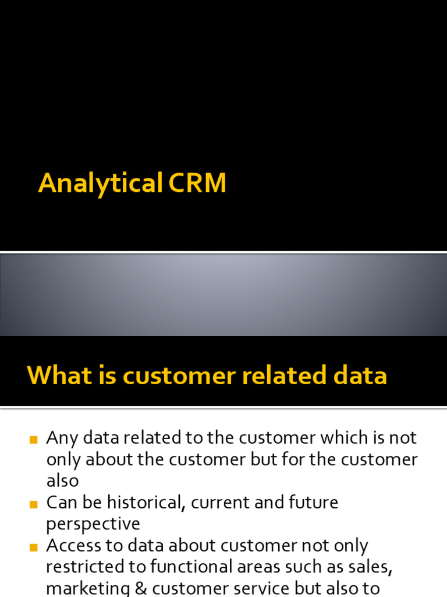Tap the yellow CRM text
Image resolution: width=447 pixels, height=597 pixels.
pos(197,182)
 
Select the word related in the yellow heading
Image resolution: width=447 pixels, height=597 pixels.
pos(285,375)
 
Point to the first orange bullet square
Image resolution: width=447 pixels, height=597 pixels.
pos(33,440)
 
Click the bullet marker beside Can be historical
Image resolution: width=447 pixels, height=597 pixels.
pos(33,505)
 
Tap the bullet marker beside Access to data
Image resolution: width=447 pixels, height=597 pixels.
pos(33,548)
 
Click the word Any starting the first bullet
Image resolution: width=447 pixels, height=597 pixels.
pos(62,438)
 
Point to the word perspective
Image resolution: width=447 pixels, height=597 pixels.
pos(93,524)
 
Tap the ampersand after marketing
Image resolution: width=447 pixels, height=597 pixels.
pos(141,589)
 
